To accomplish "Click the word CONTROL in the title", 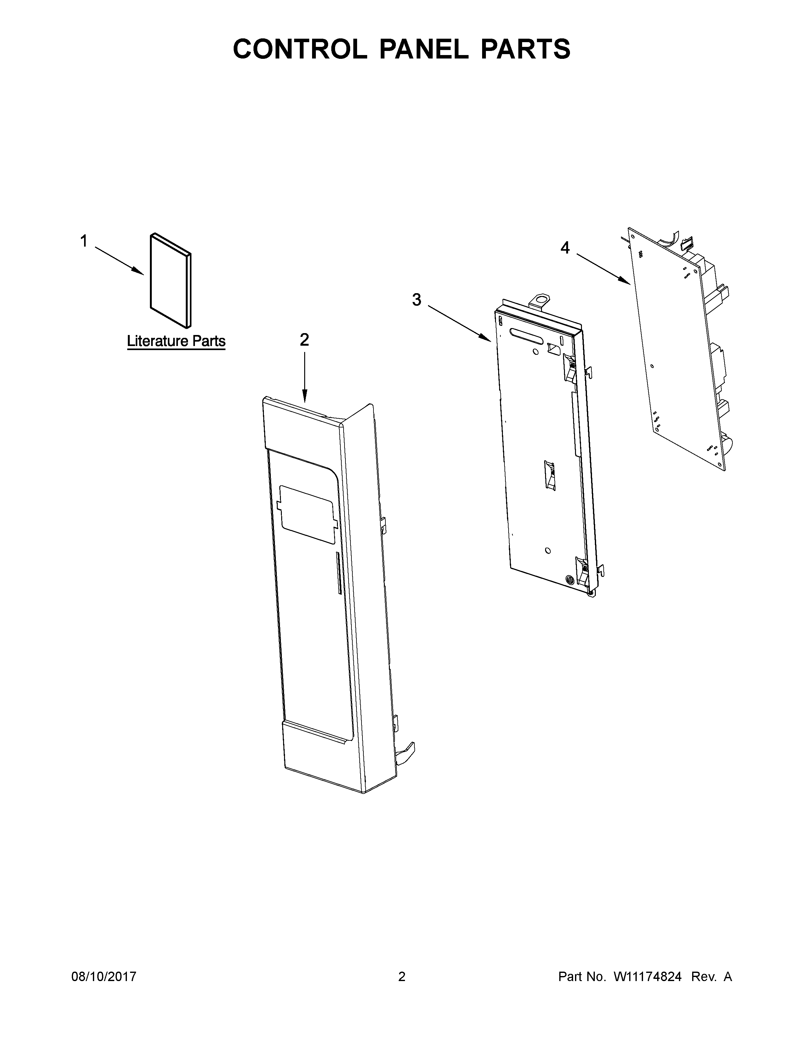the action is coord(300,49).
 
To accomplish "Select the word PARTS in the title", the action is coord(525,49).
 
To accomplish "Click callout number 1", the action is coord(84,242).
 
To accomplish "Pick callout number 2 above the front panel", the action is coord(305,339).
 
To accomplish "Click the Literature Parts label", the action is coord(176,341).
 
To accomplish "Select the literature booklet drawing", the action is coord(171,280).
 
